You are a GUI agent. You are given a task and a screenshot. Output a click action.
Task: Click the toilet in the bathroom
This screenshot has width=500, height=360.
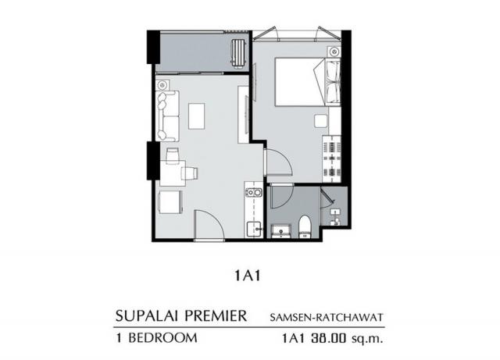pyautogui.click(x=305, y=226)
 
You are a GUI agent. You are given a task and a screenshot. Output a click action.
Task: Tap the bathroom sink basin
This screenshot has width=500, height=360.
pyautogui.click(x=280, y=231)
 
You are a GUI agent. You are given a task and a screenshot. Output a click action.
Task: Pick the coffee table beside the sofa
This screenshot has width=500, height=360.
pyautogui.click(x=196, y=116)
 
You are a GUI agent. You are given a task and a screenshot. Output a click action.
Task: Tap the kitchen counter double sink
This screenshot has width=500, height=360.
pyautogui.click(x=253, y=193)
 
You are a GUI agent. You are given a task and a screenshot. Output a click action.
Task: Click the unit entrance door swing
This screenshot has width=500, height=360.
pyautogui.click(x=209, y=223)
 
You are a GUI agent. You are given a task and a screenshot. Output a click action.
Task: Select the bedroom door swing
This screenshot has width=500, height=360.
pyautogui.click(x=278, y=162)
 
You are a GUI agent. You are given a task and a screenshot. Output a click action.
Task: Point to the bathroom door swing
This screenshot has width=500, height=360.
pyautogui.click(x=281, y=197)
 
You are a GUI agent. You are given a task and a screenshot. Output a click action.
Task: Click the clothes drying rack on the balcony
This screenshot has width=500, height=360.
pyautogui.click(x=238, y=53)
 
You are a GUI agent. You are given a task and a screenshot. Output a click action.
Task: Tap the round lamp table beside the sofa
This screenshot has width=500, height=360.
pyautogui.click(x=162, y=85)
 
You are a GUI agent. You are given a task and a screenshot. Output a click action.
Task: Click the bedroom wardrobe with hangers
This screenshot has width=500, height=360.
pyautogui.click(x=331, y=159)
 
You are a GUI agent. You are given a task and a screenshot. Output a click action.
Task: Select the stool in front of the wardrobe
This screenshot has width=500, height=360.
pyautogui.click(x=320, y=122)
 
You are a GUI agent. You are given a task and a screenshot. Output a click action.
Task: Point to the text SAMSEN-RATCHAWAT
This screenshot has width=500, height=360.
pyautogui.click(x=327, y=317)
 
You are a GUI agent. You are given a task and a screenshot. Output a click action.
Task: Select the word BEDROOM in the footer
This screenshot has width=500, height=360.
pyautogui.click(x=163, y=338)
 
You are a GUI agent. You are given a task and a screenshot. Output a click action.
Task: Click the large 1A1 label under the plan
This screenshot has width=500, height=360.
pyautogui.click(x=248, y=276)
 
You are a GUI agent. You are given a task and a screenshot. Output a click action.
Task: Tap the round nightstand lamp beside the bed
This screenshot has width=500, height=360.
pyautogui.click(x=334, y=51)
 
